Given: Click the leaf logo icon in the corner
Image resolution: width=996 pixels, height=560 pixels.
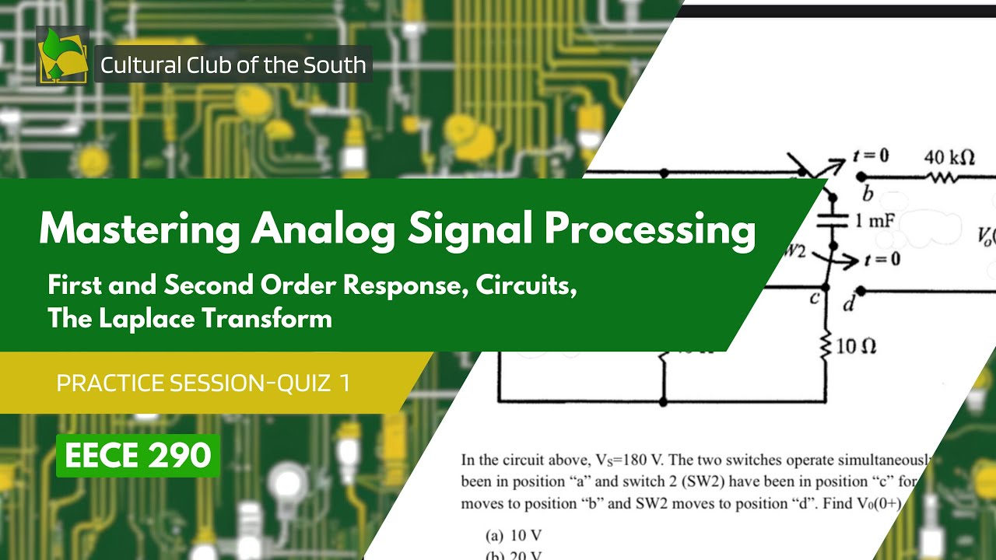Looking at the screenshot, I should [62, 55].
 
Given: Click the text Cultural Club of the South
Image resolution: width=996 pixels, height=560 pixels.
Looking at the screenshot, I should [233, 65].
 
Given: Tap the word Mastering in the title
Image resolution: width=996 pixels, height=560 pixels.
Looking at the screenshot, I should [139, 229].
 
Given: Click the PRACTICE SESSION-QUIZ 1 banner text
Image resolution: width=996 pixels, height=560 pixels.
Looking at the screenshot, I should [203, 383].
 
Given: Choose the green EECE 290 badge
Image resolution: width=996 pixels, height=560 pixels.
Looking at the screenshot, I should [138, 456].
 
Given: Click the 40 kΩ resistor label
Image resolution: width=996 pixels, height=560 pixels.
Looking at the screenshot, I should [949, 157].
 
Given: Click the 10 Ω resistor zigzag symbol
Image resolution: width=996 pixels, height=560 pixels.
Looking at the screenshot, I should [826, 345].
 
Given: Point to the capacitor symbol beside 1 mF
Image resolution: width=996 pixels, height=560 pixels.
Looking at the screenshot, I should [832, 222].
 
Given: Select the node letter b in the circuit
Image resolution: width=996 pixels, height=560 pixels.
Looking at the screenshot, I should [868, 193].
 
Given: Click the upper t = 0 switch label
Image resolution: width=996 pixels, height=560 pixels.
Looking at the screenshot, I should [871, 156].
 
